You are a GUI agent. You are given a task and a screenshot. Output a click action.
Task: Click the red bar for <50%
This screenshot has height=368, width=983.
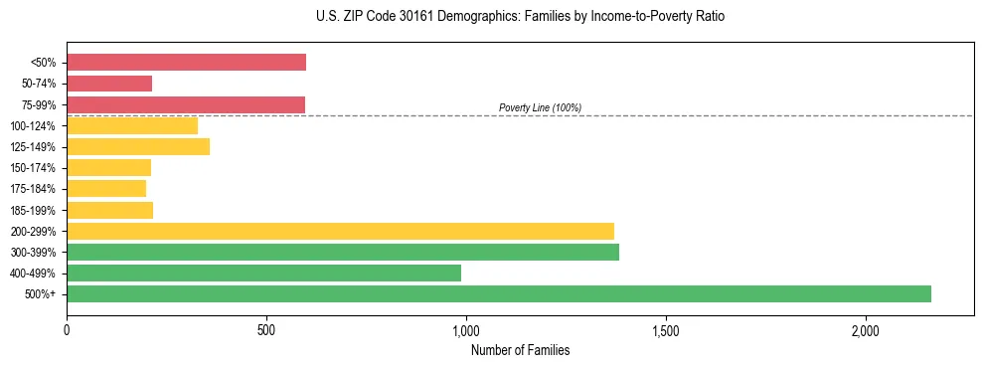pos(186,63)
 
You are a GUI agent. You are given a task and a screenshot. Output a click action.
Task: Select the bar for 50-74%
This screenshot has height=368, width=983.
pos(109,84)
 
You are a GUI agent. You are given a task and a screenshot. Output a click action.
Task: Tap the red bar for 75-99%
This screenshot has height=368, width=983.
pos(186,104)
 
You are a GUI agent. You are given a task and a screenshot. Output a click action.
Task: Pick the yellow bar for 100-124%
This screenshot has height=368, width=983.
pos(132,125)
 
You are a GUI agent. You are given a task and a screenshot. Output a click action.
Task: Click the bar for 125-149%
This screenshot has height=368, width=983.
pos(138,147)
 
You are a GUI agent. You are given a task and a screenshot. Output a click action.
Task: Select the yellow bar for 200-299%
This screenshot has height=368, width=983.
pos(340,231)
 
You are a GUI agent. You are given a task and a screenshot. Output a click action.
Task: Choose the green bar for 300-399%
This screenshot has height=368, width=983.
pos(343,252)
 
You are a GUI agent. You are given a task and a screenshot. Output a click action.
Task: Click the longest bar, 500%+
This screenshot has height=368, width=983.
pos(499,293)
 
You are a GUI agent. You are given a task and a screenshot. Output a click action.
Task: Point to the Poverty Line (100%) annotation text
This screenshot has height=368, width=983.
pos(540,107)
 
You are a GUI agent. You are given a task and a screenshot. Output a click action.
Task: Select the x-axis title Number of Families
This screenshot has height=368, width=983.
pos(520,350)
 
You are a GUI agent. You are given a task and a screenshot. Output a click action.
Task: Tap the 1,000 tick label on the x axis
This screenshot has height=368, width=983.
pos(466,330)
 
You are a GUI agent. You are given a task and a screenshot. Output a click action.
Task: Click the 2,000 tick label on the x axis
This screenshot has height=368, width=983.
pos(866,330)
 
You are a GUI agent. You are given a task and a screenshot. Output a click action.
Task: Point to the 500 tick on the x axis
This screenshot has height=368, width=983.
pos(266,330)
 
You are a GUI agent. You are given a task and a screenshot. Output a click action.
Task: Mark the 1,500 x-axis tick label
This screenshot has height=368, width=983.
pos(666,330)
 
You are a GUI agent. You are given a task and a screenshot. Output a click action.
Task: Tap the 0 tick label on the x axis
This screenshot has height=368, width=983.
pos(67,330)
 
